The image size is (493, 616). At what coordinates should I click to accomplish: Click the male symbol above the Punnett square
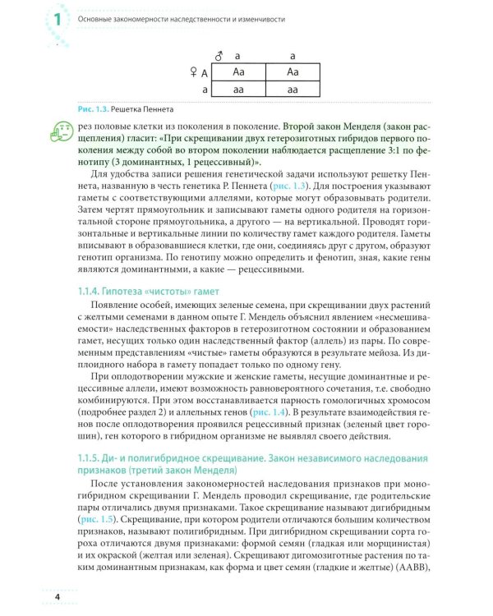(219, 57)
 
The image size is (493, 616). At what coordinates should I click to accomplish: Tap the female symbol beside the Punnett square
(193, 73)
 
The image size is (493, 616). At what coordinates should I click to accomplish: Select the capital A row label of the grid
(204, 73)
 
